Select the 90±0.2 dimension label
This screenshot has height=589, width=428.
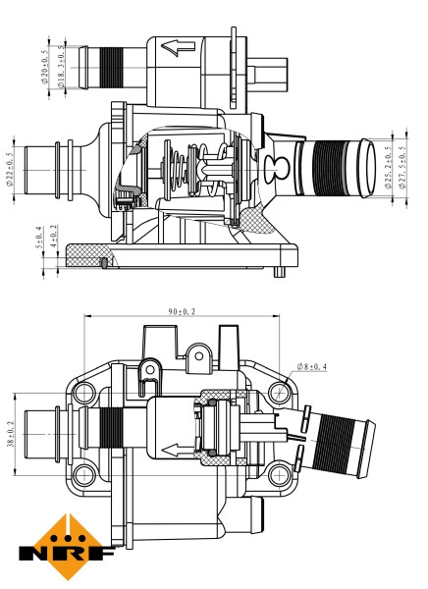pyautogui.click(x=182, y=312)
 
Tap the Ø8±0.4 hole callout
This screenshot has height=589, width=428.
pyautogui.click(x=312, y=368)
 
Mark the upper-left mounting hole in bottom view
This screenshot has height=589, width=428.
pyautogui.click(x=84, y=394)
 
